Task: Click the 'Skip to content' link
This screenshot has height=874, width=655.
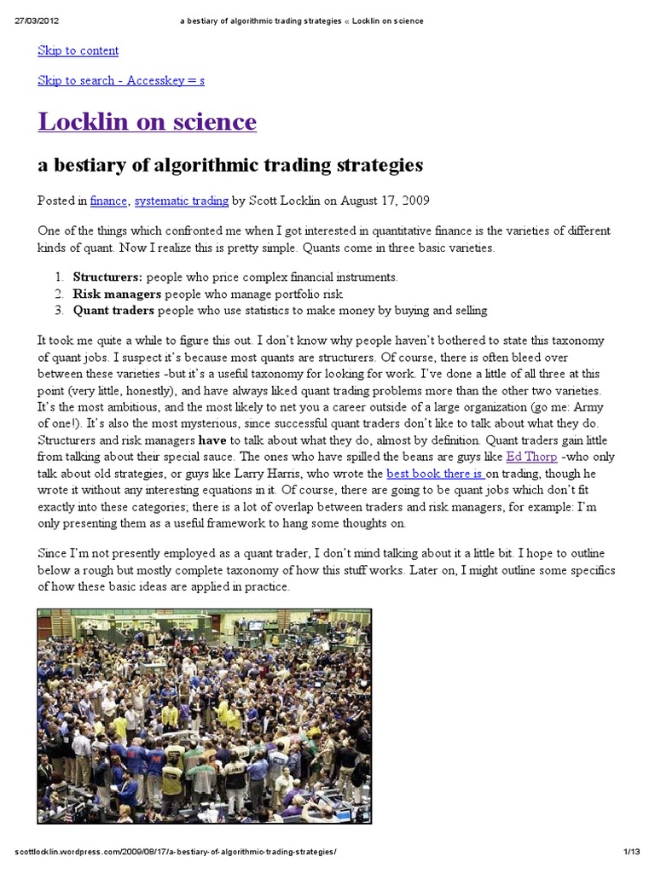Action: click(78, 50)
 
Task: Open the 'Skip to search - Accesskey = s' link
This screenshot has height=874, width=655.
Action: click(120, 80)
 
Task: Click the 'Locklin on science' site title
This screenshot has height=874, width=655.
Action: click(147, 122)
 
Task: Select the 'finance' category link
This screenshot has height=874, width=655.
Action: click(108, 201)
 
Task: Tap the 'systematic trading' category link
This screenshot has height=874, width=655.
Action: click(181, 201)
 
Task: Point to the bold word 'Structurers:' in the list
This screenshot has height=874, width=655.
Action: click(108, 277)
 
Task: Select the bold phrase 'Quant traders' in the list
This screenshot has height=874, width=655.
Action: click(114, 310)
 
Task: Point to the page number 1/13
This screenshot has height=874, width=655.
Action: click(631, 853)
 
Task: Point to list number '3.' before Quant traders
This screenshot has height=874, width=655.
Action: click(59, 310)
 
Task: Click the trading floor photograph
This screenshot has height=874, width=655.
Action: click(205, 715)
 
